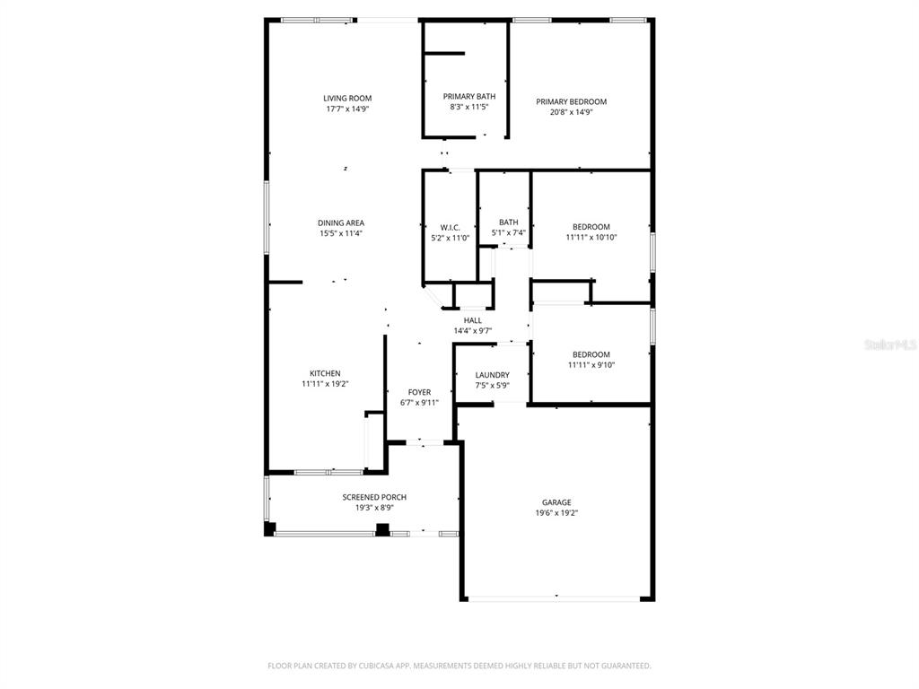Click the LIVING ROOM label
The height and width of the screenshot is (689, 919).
pos(347,99)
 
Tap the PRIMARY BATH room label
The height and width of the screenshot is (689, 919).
pos(468,96)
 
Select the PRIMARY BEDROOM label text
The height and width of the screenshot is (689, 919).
pos(571,102)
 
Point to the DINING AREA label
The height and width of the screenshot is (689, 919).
pos(341,223)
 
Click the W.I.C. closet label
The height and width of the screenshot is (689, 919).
pos(450,228)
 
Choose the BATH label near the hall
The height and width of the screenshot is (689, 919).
pos(508,222)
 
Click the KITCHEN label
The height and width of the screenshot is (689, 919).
pos(325,373)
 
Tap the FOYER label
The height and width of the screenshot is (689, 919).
pos(419,392)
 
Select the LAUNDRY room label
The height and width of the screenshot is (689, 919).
pos(492,375)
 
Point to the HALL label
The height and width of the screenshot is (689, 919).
pos(472,320)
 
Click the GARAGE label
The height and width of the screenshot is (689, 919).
pos(556,502)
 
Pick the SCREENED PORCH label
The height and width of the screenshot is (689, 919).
pos(374,497)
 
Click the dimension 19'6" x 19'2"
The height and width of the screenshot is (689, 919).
pos(556,513)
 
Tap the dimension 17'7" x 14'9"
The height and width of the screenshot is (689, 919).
pos(347,109)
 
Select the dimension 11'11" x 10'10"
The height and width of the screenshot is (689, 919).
pos(591,238)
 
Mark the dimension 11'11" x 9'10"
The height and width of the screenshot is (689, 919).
pos(591,365)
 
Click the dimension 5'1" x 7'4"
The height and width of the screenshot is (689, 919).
pos(508,233)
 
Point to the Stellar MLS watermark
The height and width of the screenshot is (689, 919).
pos(889,344)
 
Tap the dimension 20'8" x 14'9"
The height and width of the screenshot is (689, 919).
pos(571,112)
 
